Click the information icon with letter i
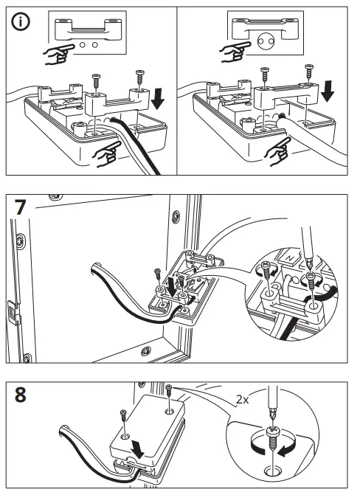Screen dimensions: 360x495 [21, 22]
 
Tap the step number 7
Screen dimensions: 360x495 [20, 207]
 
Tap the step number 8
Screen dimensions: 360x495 [20, 395]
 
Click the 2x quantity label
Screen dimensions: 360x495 [243, 399]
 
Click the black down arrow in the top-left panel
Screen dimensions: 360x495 [157, 98]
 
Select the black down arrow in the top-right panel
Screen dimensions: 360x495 [328, 91]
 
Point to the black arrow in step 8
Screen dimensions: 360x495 [138, 449]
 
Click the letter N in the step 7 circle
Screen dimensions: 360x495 [289, 258]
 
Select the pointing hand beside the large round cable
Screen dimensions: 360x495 [235, 51]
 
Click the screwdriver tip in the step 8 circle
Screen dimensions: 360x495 [271, 422]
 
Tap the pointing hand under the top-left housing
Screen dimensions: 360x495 [108, 153]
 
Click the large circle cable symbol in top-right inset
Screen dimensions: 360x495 [266, 41]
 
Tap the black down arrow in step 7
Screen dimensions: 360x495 [172, 287]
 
